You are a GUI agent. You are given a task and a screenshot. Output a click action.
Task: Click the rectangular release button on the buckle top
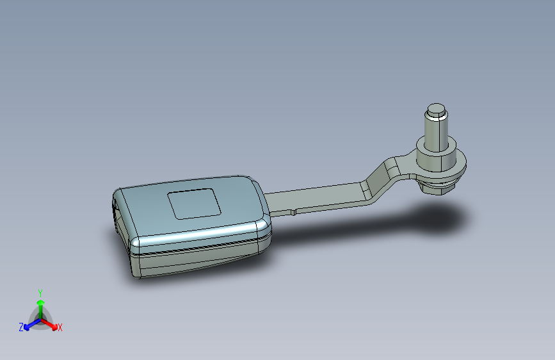point(195,204)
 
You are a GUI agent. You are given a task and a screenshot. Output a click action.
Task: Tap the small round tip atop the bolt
point(436,108)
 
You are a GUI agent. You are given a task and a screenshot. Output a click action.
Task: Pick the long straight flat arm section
point(315,199)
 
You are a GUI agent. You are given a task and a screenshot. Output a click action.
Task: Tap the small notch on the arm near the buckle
point(294,212)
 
